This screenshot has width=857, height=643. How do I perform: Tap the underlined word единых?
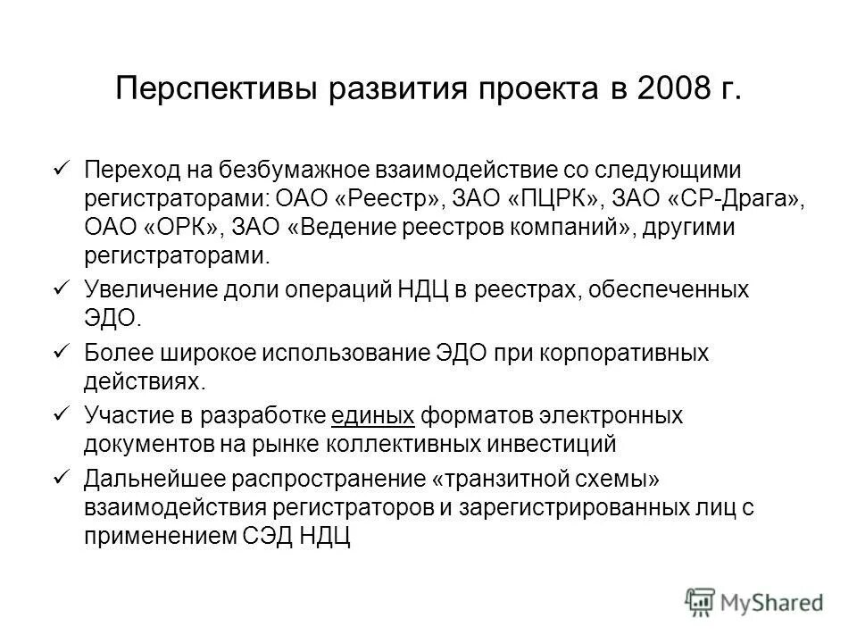coord(373,415)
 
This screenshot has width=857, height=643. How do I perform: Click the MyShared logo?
coord(753,601)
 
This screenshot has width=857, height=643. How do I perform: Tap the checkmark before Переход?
coord(62,169)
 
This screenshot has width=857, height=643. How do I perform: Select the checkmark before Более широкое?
coord(62,351)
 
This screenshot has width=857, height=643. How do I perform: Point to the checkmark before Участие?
coord(62,414)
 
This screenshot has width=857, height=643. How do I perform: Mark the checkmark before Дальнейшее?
coord(62,477)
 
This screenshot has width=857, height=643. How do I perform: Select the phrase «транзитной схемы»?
coord(545,480)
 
